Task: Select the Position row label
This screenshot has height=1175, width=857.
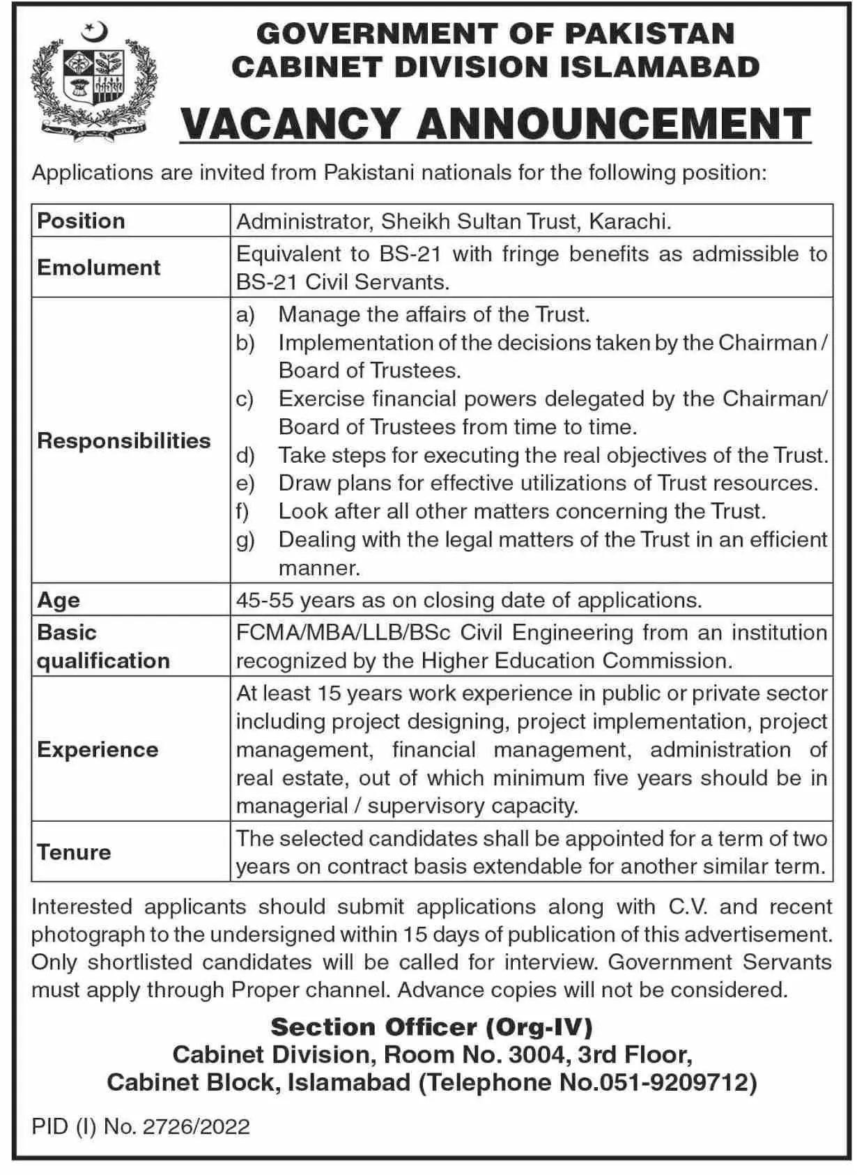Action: (82, 221)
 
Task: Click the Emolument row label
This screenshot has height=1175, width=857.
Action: (99, 268)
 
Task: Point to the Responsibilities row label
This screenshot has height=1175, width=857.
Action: (124, 440)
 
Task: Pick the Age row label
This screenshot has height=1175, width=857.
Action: (59, 600)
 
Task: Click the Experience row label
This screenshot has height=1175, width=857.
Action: (98, 750)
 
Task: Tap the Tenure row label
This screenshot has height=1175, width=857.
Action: (75, 852)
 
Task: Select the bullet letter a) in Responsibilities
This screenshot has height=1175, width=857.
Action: (245, 315)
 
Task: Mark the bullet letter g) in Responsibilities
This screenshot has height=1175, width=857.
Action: (245, 540)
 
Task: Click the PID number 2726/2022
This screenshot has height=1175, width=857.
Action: (196, 1127)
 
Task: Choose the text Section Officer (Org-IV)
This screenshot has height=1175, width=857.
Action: (432, 1027)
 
